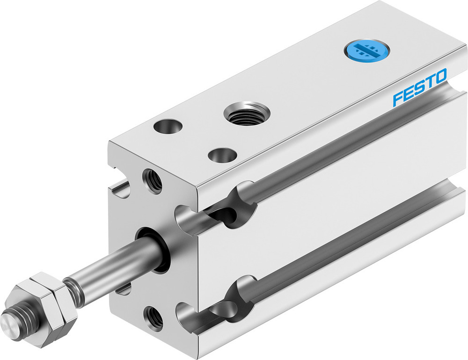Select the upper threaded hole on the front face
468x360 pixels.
tap(153, 181)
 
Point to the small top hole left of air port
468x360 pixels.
tap(168, 126)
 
